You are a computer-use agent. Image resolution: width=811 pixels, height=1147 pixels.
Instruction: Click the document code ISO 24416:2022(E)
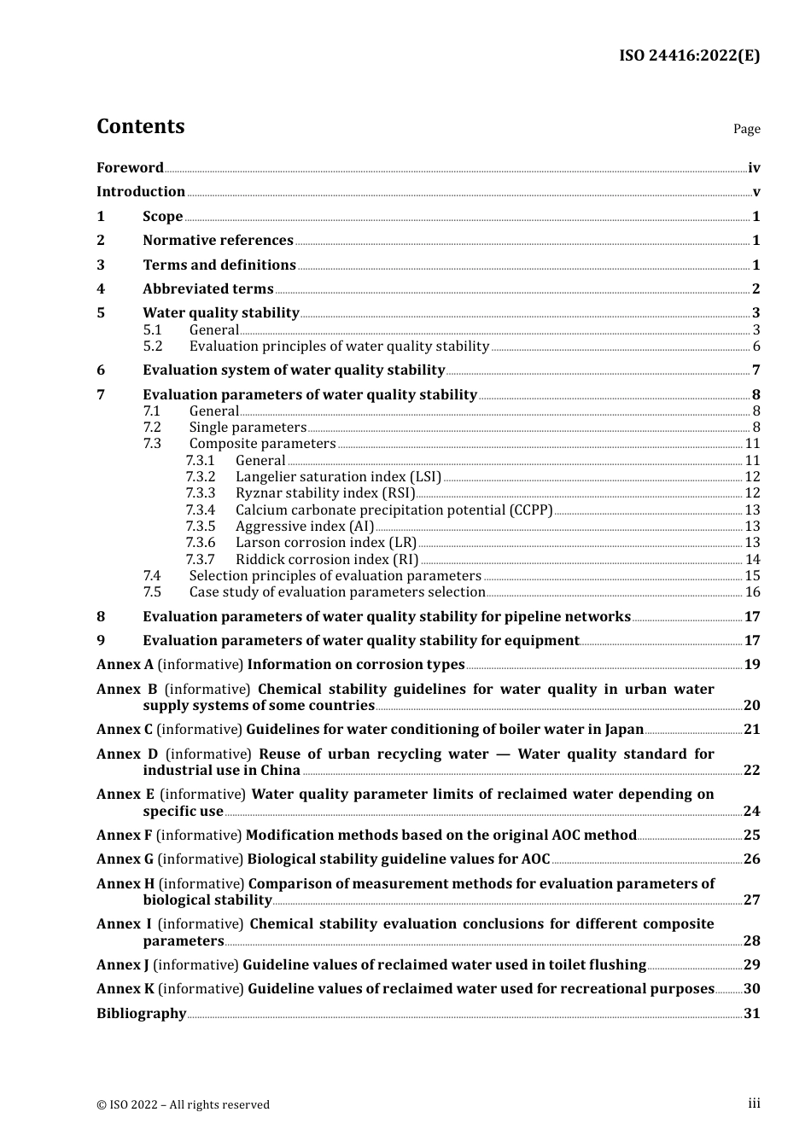[689, 55]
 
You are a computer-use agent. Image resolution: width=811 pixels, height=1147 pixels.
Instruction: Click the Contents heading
[140, 126]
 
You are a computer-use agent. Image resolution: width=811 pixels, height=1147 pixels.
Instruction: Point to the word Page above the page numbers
[746, 129]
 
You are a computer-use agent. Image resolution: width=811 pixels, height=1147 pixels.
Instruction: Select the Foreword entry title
[130, 167]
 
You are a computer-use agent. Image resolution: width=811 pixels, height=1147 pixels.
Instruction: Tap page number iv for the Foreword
[754, 168]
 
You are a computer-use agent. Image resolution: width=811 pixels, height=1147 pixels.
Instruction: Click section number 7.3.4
[201, 509]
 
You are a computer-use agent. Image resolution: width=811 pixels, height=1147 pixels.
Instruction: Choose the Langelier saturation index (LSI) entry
[338, 477]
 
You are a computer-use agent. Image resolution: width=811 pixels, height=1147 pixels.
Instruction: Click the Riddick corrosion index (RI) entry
[327, 560]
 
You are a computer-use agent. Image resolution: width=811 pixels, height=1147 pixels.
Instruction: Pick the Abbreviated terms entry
[207, 289]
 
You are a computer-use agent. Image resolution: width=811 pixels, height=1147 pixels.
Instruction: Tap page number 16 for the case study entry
[752, 592]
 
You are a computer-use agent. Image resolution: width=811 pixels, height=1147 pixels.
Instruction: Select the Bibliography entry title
[141, 1014]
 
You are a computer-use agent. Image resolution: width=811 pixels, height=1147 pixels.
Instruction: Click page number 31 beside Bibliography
[752, 1014]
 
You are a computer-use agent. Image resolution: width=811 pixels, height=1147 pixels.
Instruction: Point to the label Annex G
[125, 859]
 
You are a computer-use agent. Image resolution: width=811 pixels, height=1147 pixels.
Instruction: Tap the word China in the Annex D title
[280, 771]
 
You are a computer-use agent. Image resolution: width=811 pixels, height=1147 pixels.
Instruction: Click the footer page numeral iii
[754, 1103]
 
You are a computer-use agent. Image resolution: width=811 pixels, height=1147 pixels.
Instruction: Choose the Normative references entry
[218, 241]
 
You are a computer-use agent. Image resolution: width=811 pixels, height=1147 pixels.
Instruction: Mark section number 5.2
[152, 346]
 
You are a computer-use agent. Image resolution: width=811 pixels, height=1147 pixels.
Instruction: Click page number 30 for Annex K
[752, 989]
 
